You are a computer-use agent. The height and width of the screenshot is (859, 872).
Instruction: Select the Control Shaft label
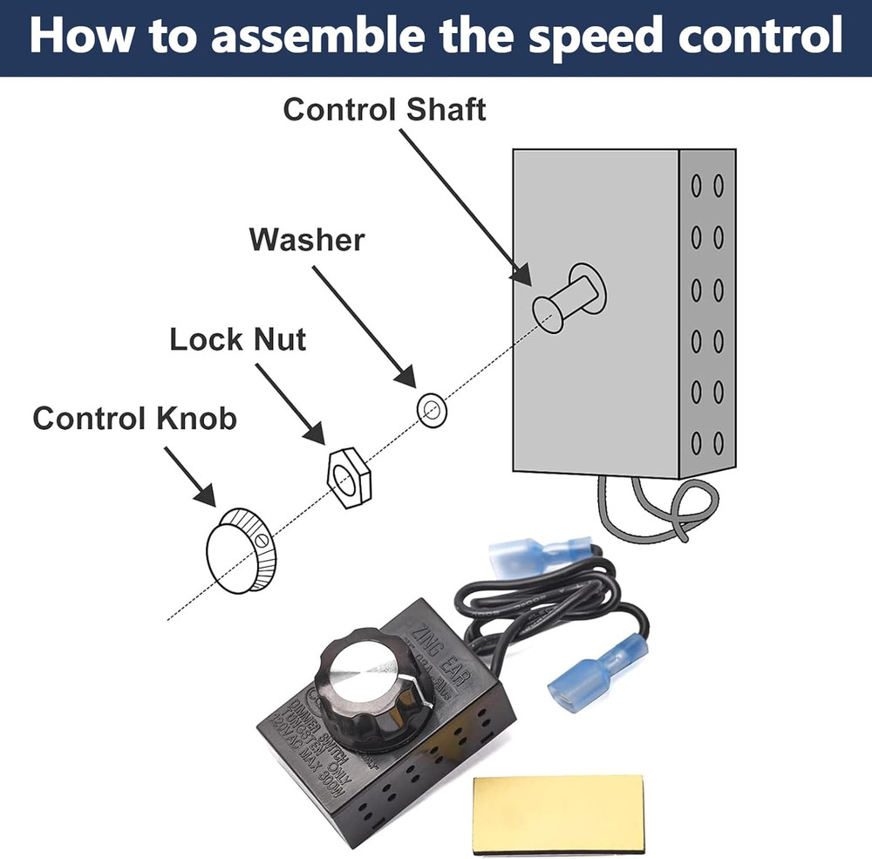(385, 110)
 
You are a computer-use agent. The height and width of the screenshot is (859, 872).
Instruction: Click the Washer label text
(306, 239)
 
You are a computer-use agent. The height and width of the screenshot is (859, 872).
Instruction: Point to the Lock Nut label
(237, 339)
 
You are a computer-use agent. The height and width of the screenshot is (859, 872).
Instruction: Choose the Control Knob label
(134, 419)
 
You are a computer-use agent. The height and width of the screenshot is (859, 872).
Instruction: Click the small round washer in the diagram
(428, 408)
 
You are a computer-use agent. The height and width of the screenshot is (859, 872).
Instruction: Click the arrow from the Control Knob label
(189, 476)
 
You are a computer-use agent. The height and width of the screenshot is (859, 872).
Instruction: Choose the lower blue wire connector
(597, 667)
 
